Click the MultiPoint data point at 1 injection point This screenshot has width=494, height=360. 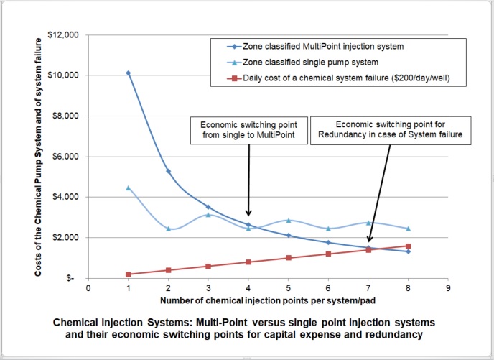[128, 73]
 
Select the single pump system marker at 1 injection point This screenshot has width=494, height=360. [128, 188]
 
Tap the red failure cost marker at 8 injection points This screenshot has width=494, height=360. [409, 246]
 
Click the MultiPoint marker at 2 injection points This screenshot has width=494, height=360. [168, 171]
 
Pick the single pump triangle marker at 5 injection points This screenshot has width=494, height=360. [288, 220]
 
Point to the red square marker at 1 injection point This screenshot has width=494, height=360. [128, 274]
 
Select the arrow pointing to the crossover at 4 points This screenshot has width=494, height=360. [248, 180]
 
